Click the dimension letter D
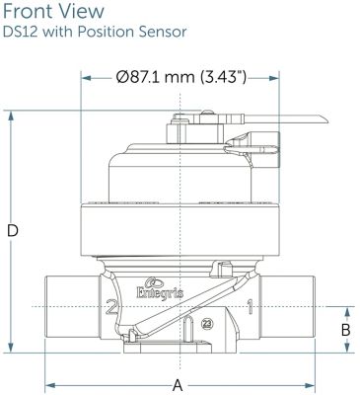[13, 231]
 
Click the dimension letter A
[178, 385]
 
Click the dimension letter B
[346, 330]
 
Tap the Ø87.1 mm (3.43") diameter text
[180, 77]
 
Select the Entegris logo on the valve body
[160, 288]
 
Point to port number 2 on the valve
[112, 308]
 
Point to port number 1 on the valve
[251, 307]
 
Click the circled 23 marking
[207, 324]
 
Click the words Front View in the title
[53, 11]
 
